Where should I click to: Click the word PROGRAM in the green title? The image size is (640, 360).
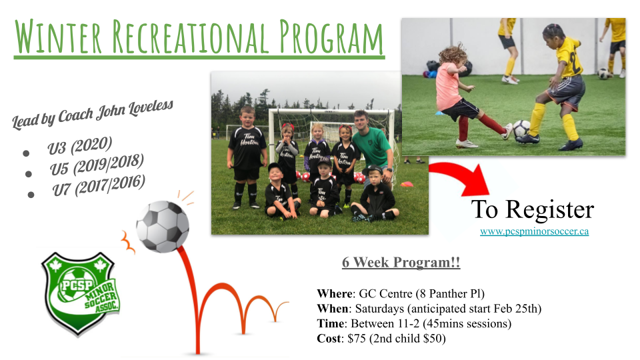(331, 37)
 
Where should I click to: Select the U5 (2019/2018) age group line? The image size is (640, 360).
(97, 165)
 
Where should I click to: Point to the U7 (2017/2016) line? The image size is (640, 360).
(99, 185)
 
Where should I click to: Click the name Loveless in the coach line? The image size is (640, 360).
(151, 108)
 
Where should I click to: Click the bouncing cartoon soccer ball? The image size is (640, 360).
(163, 226)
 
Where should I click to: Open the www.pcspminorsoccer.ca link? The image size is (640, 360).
(534, 231)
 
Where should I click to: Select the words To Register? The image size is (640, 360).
(533, 210)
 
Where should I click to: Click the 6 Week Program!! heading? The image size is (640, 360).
(401, 262)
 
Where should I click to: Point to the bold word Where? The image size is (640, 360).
(335, 293)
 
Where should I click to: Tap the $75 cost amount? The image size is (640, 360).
(356, 339)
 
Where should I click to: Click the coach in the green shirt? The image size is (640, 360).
(371, 147)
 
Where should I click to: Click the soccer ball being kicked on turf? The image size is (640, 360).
(521, 129)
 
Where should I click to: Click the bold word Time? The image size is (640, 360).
(331, 324)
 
